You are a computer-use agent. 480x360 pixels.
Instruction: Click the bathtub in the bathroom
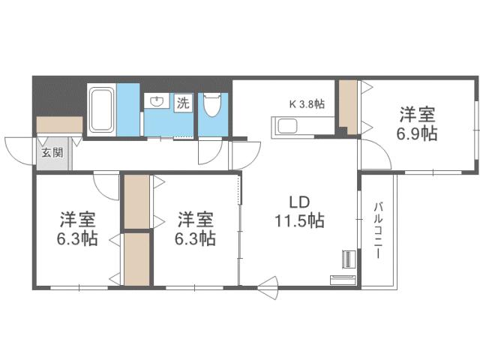point(101,108)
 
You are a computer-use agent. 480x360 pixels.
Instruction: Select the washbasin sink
point(157,103)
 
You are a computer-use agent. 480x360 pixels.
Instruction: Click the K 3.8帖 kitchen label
point(307,104)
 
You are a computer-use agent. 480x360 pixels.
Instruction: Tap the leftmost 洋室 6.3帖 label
point(78,229)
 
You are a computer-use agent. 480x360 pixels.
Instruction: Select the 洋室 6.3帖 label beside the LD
point(196,229)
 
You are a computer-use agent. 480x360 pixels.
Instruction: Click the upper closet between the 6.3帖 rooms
point(136,201)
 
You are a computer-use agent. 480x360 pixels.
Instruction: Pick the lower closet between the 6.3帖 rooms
point(136,259)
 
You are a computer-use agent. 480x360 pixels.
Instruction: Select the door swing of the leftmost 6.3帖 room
point(107,186)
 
